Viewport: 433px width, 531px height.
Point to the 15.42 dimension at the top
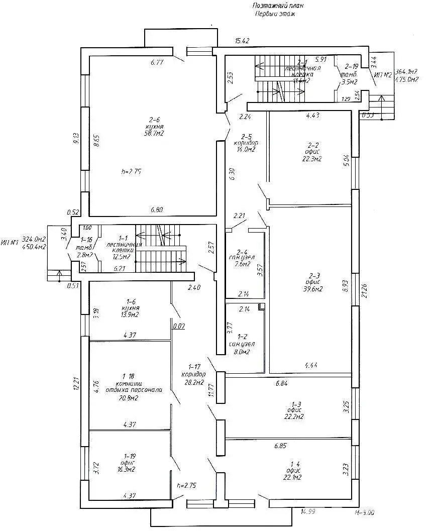pos(243,40)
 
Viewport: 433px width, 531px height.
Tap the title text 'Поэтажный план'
pos(278,6)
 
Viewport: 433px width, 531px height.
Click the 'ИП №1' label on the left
pos(10,243)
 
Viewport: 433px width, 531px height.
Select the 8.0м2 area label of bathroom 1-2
pos(240,352)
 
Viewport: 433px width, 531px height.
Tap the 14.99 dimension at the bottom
pos(308,512)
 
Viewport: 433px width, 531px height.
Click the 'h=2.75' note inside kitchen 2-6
pos(131,171)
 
